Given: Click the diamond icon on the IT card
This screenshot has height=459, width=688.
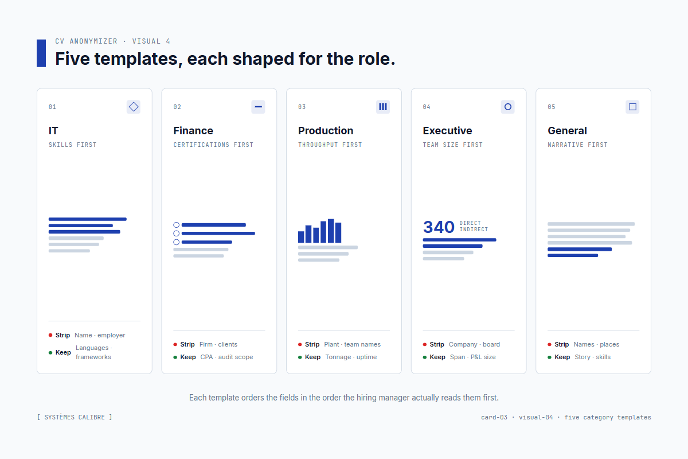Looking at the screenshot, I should coord(134,107).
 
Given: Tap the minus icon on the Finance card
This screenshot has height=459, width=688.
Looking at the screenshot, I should coord(258,107).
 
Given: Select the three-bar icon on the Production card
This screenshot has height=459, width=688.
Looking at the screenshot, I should coord(383,107).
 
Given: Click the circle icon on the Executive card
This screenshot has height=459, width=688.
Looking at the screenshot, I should coord(507,107).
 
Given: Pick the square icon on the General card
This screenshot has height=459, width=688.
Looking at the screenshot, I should coord(632,107).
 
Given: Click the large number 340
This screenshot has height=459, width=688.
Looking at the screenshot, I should coord(439,227).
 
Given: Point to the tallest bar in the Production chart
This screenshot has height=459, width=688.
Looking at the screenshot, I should coord(331,231).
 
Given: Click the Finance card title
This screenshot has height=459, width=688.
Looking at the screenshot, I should coord(193,131).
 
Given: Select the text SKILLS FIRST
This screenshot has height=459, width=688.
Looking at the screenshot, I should coord(72,145).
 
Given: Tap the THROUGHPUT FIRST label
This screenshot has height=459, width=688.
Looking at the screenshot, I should coord(330,145).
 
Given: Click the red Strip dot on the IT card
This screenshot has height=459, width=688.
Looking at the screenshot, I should coord(50,335).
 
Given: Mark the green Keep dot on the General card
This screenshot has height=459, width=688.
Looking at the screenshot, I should coord(549,357).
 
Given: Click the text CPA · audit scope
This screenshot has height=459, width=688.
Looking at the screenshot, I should coord(226,357).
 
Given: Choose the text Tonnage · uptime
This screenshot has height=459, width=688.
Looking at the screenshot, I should coord(351,357).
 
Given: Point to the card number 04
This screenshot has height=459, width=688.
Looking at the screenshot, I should coord(427,107).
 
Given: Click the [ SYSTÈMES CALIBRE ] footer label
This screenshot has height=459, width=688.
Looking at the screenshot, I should coord(75,417).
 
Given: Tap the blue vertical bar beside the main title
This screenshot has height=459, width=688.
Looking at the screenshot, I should coord(41,53).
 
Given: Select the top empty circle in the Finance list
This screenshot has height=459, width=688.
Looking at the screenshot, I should coord(177,225).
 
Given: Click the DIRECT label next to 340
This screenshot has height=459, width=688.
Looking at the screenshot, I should coord(470,223).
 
